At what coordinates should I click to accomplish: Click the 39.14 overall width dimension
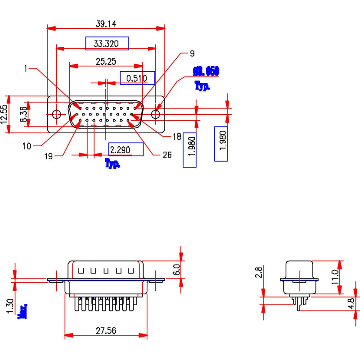106,24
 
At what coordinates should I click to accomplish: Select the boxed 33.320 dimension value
107,44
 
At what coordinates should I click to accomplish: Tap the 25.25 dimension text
106,61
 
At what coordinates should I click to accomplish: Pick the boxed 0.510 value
137,78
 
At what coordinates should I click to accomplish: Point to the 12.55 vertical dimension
4,114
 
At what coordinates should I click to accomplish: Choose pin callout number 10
27,145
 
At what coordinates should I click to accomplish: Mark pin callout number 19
49,156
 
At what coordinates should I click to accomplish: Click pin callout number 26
167,155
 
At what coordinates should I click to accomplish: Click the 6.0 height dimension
176,270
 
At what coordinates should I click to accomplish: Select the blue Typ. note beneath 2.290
112,163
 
